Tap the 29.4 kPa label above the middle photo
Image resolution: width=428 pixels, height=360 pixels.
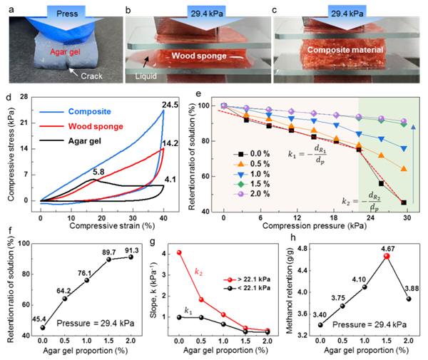tap(207, 12)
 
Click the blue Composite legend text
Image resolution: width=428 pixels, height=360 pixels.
tap(95, 112)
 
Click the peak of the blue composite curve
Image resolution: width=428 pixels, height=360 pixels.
tap(164, 110)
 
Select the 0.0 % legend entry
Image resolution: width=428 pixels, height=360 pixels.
tap(257, 152)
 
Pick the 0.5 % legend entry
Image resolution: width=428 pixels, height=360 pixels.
tap(257, 163)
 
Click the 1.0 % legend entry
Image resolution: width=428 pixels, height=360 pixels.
tap(257, 173)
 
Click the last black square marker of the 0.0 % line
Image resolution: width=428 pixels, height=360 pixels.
tap(404, 202)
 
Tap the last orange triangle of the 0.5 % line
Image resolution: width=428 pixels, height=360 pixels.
tap(404, 169)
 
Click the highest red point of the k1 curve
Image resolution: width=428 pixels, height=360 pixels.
tap(179, 252)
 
